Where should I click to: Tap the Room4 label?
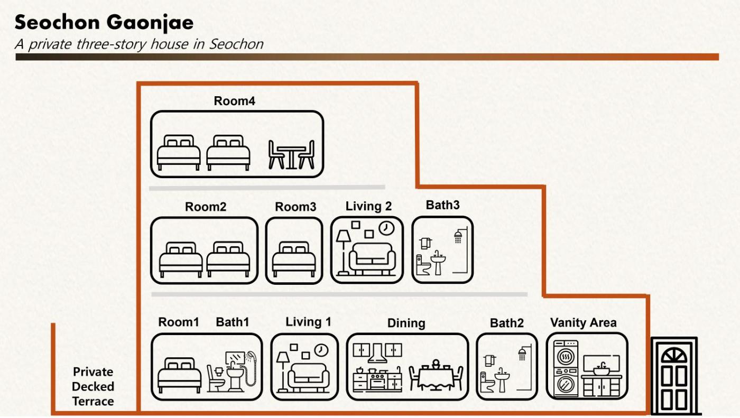click(x=234, y=101)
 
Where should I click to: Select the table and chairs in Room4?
click(x=291, y=154)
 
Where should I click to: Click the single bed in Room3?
click(x=294, y=259)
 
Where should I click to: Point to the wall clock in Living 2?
click(x=386, y=228)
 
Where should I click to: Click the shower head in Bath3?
click(x=458, y=237)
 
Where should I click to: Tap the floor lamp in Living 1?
click(x=283, y=372)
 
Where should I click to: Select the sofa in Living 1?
click(x=309, y=378)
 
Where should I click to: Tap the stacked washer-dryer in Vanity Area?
click(x=566, y=368)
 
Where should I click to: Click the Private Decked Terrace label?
click(x=93, y=387)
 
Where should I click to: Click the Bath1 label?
click(x=233, y=322)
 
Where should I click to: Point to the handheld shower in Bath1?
click(x=251, y=368)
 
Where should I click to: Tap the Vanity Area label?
click(x=584, y=322)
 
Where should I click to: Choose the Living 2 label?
click(x=369, y=207)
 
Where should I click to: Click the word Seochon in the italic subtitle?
click(x=236, y=44)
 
